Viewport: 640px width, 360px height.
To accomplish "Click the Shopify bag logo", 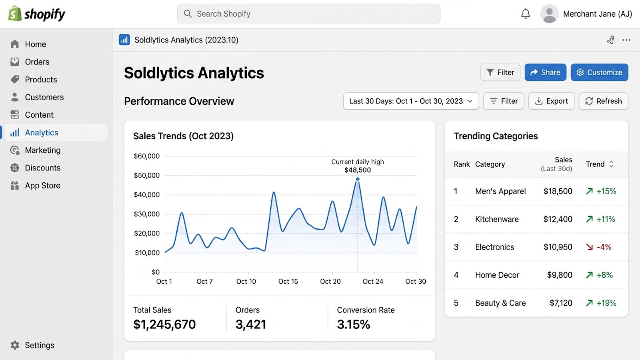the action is [x=15, y=14].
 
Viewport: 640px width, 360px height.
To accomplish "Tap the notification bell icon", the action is [x=526, y=14].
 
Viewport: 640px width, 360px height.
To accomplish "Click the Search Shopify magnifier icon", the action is [x=188, y=14].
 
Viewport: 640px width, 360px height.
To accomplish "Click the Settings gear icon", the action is [x=15, y=345].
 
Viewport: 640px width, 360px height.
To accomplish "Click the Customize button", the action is [x=600, y=72].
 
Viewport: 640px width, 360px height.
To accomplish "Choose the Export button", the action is [x=551, y=101].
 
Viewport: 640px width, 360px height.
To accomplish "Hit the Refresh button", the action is [x=604, y=101].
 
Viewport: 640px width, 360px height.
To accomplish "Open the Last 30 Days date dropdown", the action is [x=411, y=101].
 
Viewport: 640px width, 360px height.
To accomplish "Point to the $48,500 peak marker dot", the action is [x=358, y=179].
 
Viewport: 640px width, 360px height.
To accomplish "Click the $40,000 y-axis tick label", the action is [x=146, y=194].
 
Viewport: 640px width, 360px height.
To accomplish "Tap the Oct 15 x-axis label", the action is [x=288, y=282].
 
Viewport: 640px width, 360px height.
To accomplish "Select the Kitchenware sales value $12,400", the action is [x=558, y=219].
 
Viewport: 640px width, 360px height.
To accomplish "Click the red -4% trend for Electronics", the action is [x=599, y=247].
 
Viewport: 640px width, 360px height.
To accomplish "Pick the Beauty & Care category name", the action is [x=500, y=303].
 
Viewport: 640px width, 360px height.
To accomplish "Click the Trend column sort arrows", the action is [x=611, y=164].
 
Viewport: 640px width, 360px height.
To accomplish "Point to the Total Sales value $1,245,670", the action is [x=164, y=324].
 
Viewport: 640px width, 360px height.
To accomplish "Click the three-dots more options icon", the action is [x=626, y=40].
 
